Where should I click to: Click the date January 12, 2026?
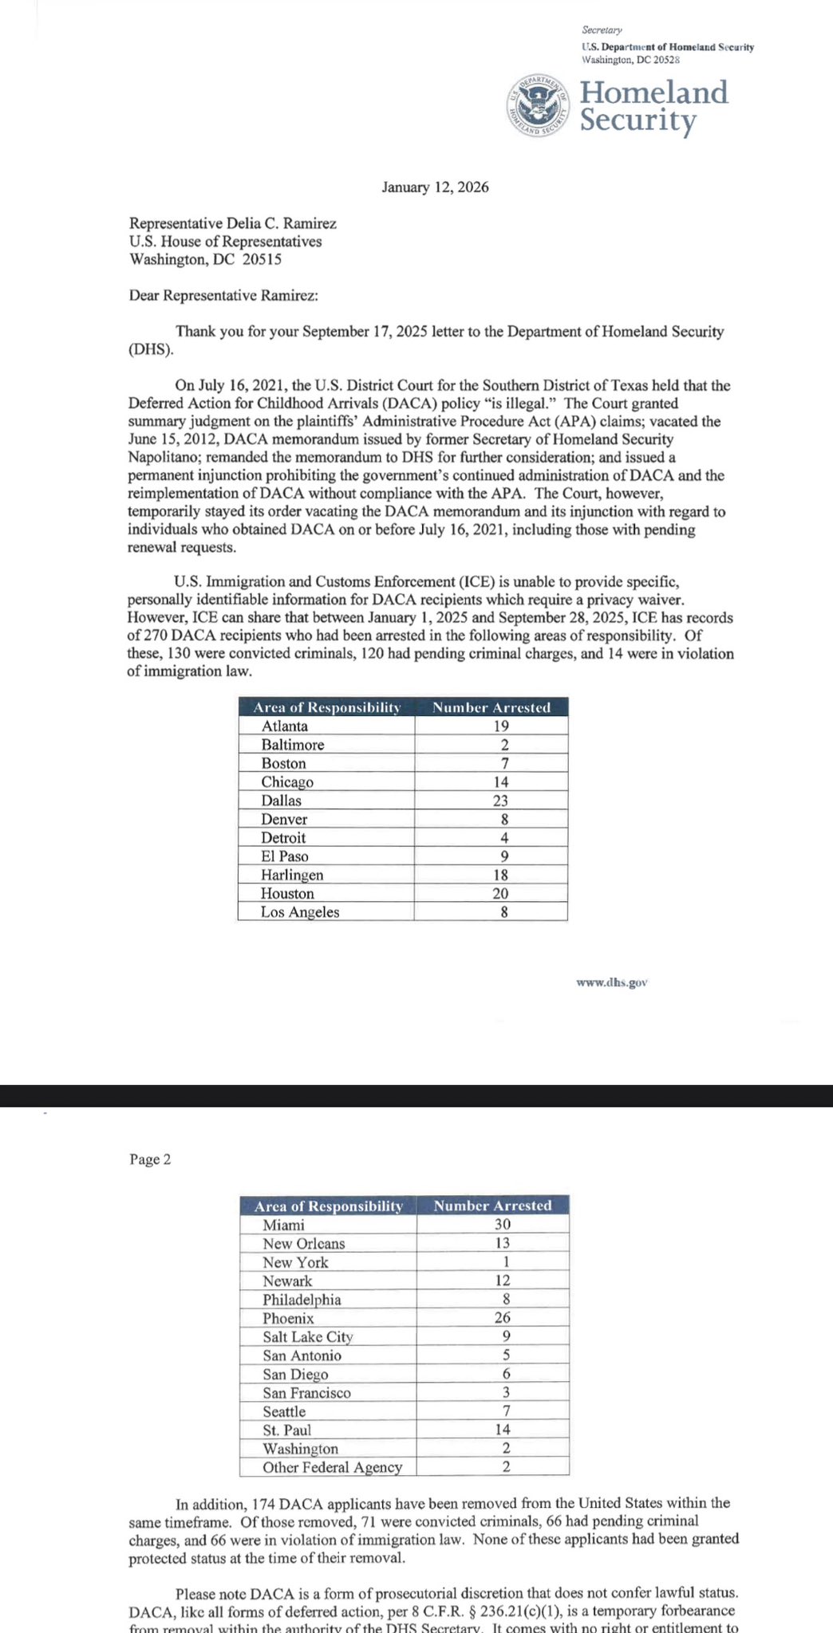pyautogui.click(x=435, y=187)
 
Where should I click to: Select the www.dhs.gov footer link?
pyautogui.click(x=611, y=982)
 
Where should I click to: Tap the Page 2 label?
pyautogui.click(x=150, y=1159)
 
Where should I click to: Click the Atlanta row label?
pyautogui.click(x=285, y=726)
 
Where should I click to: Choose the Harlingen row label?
pyautogui.click(x=292, y=875)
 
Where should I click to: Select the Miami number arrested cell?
pyautogui.click(x=503, y=1225)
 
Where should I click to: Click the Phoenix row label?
pyautogui.click(x=288, y=1319)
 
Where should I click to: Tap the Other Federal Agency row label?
pyautogui.click(x=332, y=1467)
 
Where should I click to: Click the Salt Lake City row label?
pyautogui.click(x=307, y=1337)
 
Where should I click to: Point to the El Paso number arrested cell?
pyautogui.click(x=504, y=856)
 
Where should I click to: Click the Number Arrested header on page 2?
pyautogui.click(x=492, y=1206)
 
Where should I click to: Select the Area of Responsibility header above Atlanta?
pyautogui.click(x=326, y=707)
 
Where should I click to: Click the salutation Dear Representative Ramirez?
pyautogui.click(x=223, y=296)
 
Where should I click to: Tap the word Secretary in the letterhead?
pyautogui.click(x=602, y=30)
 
